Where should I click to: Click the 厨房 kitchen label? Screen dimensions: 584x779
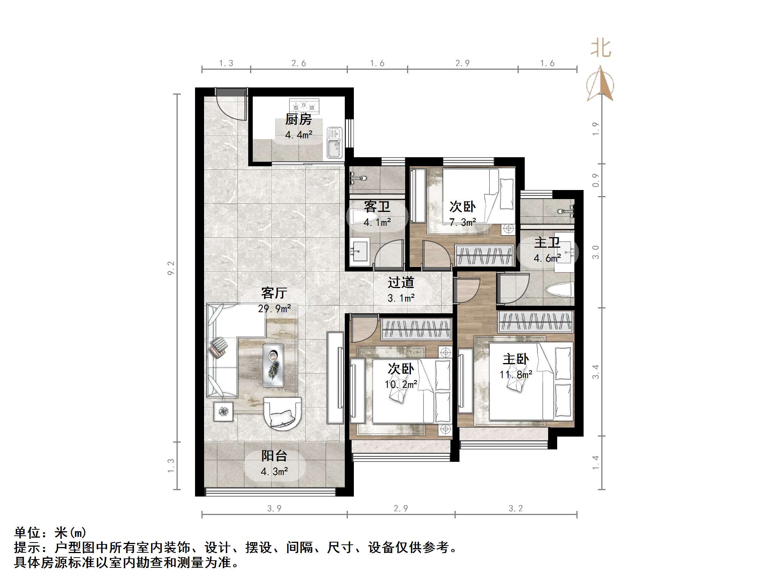click(x=298, y=120)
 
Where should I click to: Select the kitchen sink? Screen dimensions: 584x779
click(x=334, y=143)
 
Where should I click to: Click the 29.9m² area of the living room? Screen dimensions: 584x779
click(x=274, y=309)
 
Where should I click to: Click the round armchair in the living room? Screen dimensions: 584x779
click(x=282, y=413)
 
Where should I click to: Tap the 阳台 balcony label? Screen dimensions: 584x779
click(x=274, y=456)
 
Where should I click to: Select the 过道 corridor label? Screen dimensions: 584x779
click(x=401, y=282)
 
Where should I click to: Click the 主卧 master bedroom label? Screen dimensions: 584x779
click(x=516, y=359)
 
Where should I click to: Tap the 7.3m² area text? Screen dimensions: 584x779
click(x=462, y=222)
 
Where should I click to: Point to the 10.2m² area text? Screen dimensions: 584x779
click(x=401, y=384)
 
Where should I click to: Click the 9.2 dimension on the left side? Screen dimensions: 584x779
click(x=171, y=268)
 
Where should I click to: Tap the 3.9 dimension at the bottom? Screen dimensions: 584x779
click(x=274, y=509)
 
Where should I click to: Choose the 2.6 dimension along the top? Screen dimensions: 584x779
click(x=298, y=63)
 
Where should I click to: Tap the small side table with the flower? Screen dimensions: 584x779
click(x=224, y=411)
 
